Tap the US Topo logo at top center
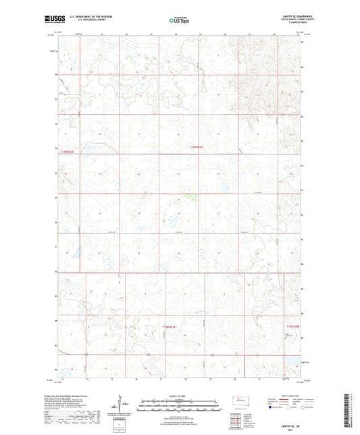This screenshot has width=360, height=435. (x=180, y=21)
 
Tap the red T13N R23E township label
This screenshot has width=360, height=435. (x=195, y=147)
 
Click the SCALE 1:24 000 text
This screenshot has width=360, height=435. (x=180, y=396)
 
